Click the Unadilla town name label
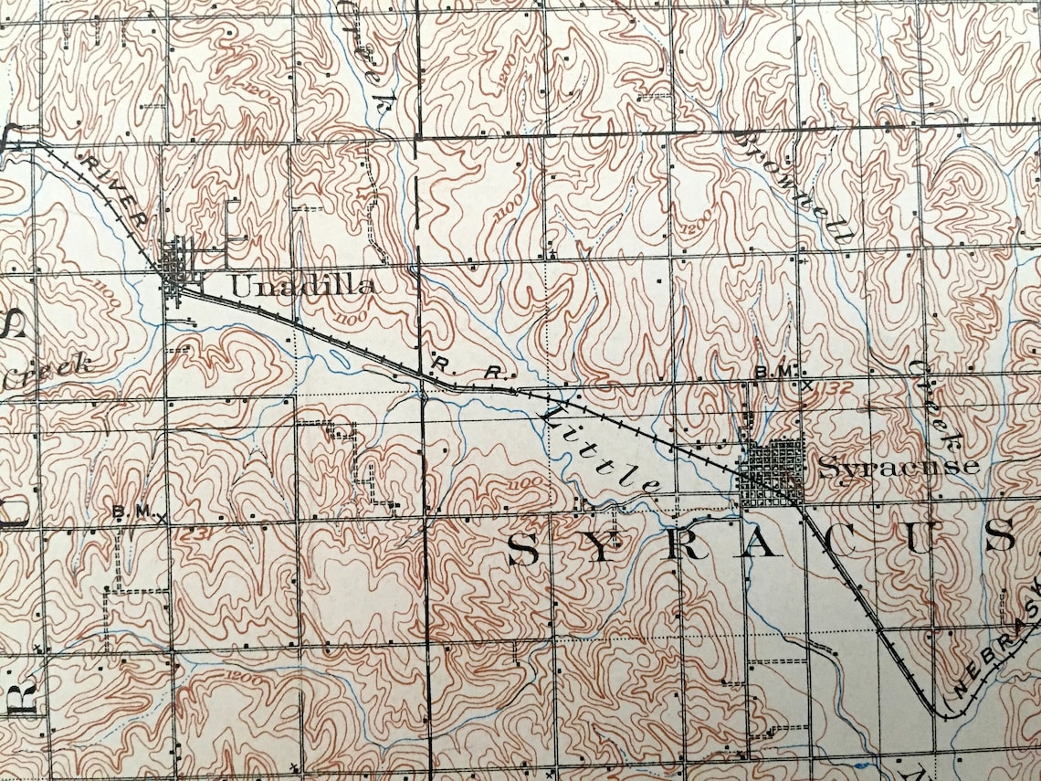(301, 286)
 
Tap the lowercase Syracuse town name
(898, 467)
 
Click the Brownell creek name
(794, 183)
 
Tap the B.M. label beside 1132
(777, 372)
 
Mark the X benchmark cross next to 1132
(806, 385)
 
